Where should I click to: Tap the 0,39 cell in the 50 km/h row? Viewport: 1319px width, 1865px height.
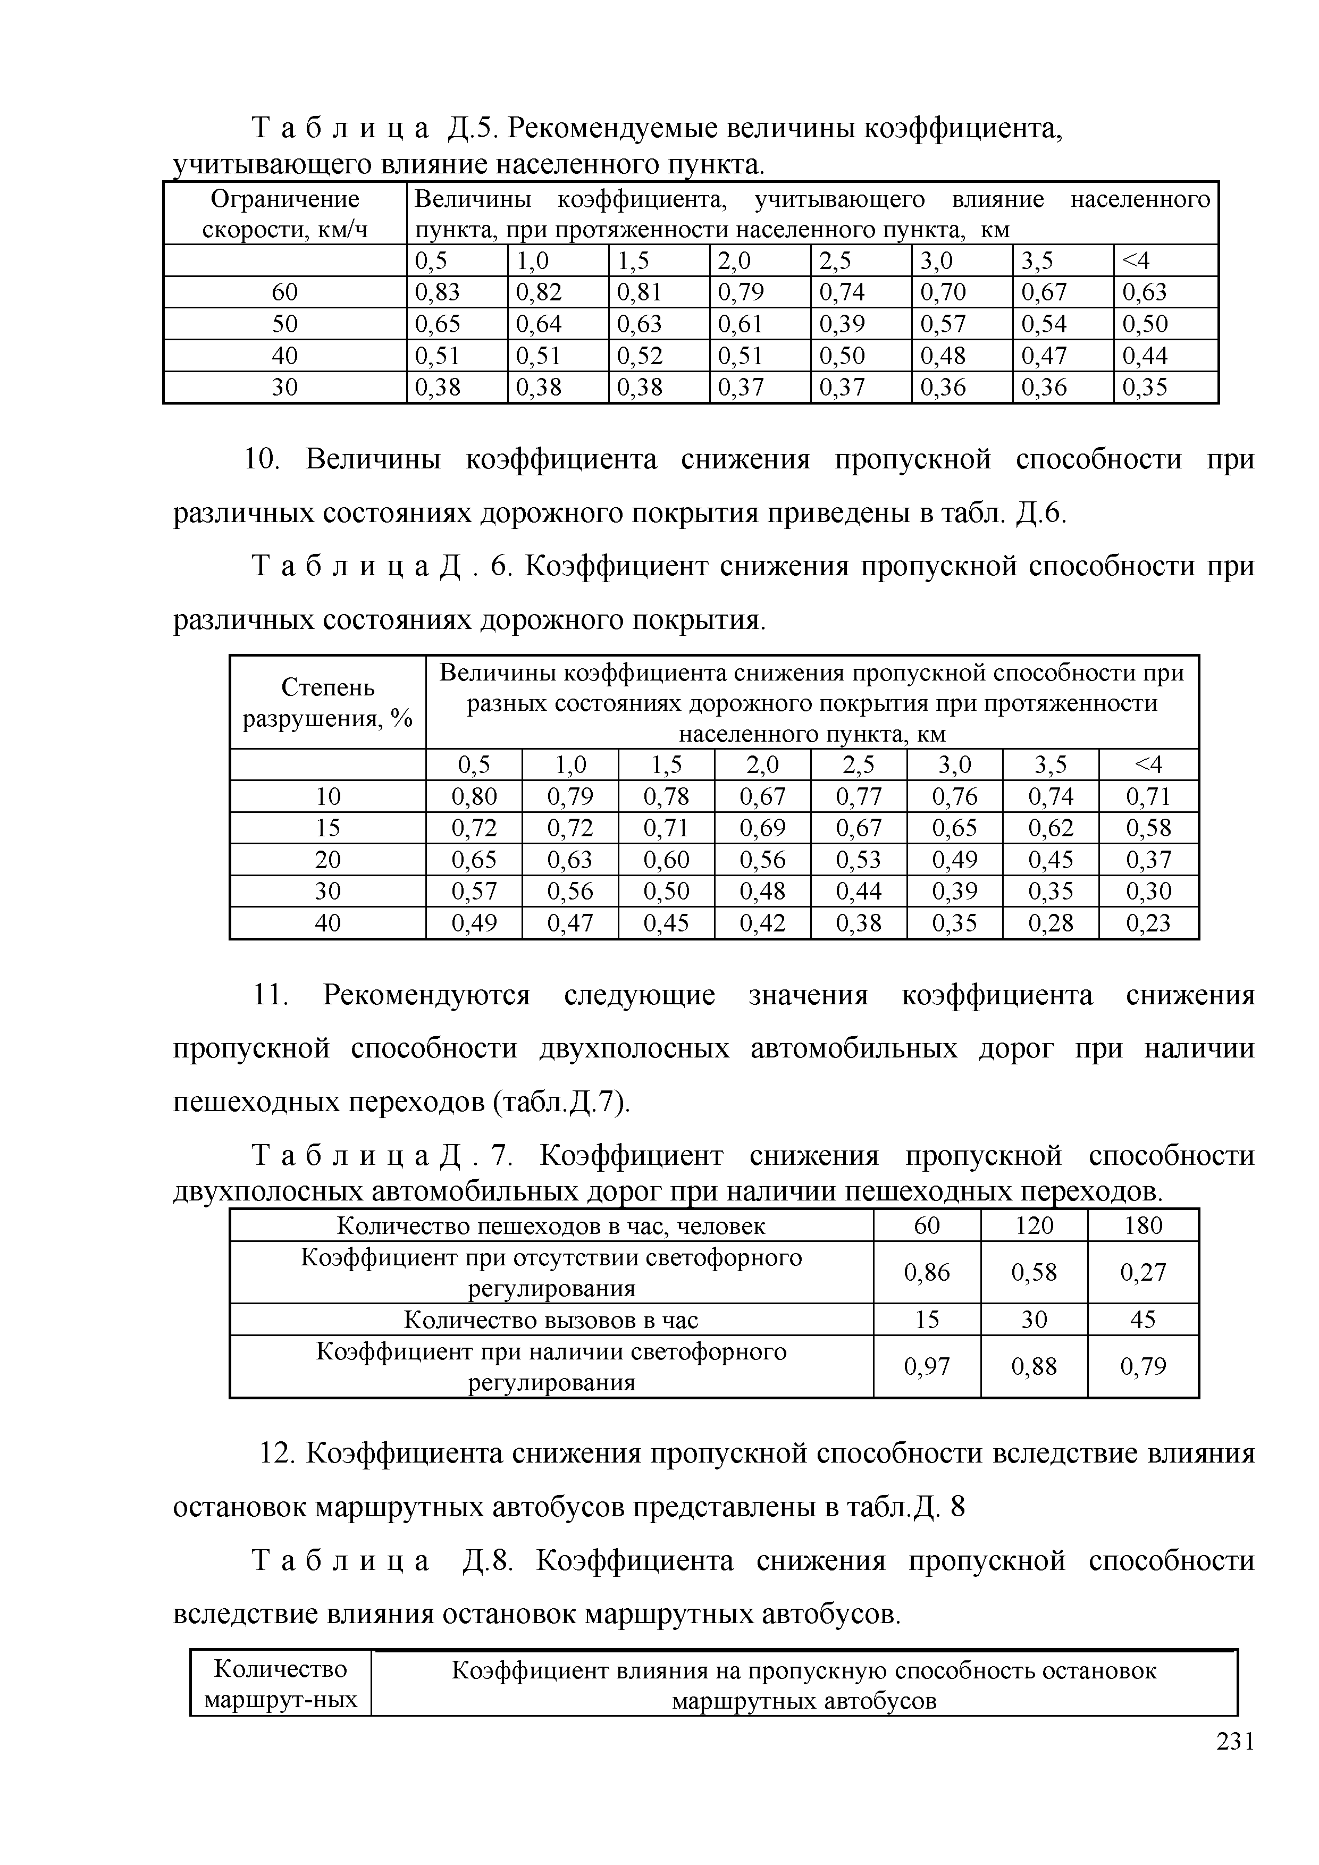(x=842, y=324)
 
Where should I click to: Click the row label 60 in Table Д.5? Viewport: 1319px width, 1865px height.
(x=284, y=292)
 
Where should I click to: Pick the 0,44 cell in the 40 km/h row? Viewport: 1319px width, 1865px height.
(x=1145, y=356)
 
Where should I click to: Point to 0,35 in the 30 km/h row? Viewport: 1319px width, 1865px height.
(x=1145, y=388)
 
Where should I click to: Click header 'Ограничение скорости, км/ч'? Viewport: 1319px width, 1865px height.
(x=284, y=214)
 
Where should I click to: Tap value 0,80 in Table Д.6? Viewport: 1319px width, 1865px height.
(x=474, y=796)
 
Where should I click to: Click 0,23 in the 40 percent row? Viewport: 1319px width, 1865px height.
(x=1148, y=923)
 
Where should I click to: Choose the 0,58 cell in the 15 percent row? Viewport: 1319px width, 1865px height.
(x=1148, y=828)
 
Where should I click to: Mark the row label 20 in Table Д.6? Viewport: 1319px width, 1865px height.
(x=327, y=859)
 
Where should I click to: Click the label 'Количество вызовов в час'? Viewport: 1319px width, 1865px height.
(x=551, y=1320)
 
